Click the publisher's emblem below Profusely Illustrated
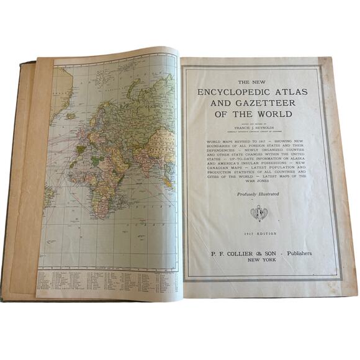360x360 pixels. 258,214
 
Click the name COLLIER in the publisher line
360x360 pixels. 240,254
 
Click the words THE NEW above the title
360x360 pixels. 259,81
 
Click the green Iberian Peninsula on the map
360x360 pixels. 80,149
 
